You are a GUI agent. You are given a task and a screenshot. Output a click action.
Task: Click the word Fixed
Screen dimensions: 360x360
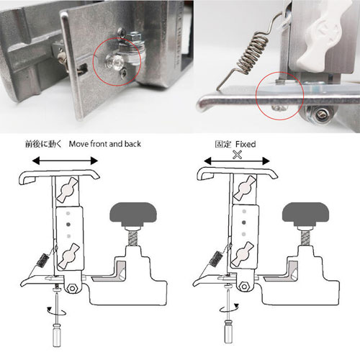click(x=246, y=144)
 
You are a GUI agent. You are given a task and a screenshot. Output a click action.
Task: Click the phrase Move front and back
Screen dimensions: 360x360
click(x=105, y=144)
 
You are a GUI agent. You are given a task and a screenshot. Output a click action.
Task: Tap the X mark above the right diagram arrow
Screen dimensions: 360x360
click(x=238, y=155)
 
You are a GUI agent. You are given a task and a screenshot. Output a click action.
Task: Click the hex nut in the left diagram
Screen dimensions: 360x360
click(x=72, y=288)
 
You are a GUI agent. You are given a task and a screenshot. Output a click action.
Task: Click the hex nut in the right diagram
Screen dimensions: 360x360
click(x=244, y=287)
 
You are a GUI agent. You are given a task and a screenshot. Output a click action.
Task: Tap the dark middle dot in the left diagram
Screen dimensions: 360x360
click(x=68, y=225)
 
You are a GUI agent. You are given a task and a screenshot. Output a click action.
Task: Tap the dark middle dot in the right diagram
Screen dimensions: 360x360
click(x=244, y=222)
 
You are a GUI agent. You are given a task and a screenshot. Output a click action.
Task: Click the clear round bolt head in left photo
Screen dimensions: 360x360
click(x=114, y=62)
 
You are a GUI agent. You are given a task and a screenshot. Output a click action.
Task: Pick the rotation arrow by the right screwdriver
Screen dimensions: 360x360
click(x=229, y=308)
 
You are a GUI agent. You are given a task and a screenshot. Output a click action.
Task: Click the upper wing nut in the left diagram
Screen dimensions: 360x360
click(x=67, y=189)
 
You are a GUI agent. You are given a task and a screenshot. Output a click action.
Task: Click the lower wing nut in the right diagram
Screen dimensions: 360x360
click(x=243, y=253)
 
